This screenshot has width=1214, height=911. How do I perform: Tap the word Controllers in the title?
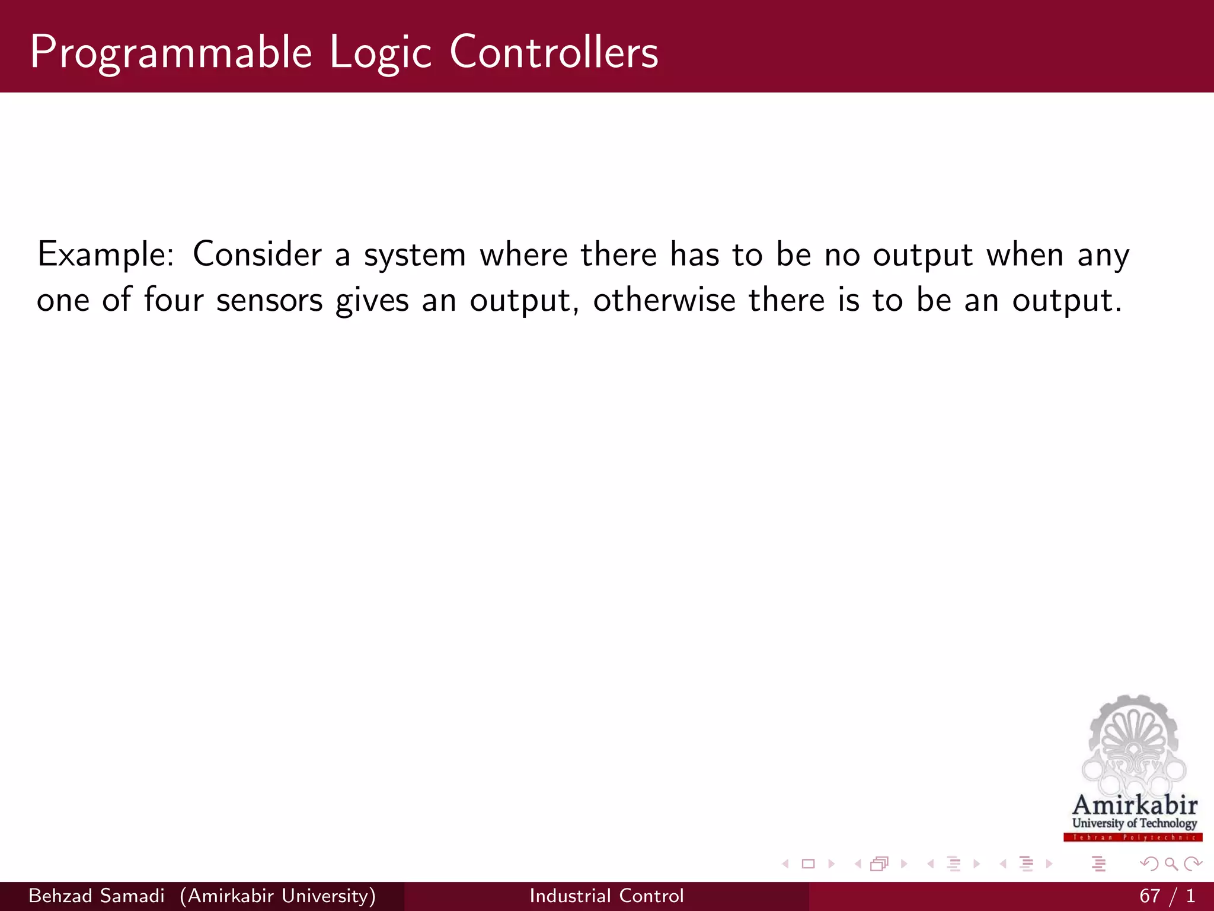[x=554, y=52]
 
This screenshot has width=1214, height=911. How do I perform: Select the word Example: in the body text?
[x=106, y=255]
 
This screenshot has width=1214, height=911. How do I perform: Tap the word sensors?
[x=269, y=300]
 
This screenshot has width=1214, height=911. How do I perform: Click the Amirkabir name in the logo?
[x=1135, y=805]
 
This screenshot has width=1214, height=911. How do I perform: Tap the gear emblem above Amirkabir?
[x=1133, y=744]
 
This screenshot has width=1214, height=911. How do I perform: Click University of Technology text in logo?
[x=1134, y=823]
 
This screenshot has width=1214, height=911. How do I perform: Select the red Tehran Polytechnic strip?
[x=1133, y=837]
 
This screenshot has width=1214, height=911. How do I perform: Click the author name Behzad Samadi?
[x=96, y=896]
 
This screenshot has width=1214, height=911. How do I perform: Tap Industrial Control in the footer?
[x=606, y=896]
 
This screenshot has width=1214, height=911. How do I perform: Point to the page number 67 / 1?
[x=1166, y=896]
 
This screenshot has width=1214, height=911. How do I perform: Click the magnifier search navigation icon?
[x=1171, y=864]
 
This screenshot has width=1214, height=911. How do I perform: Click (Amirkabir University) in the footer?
[x=277, y=896]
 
